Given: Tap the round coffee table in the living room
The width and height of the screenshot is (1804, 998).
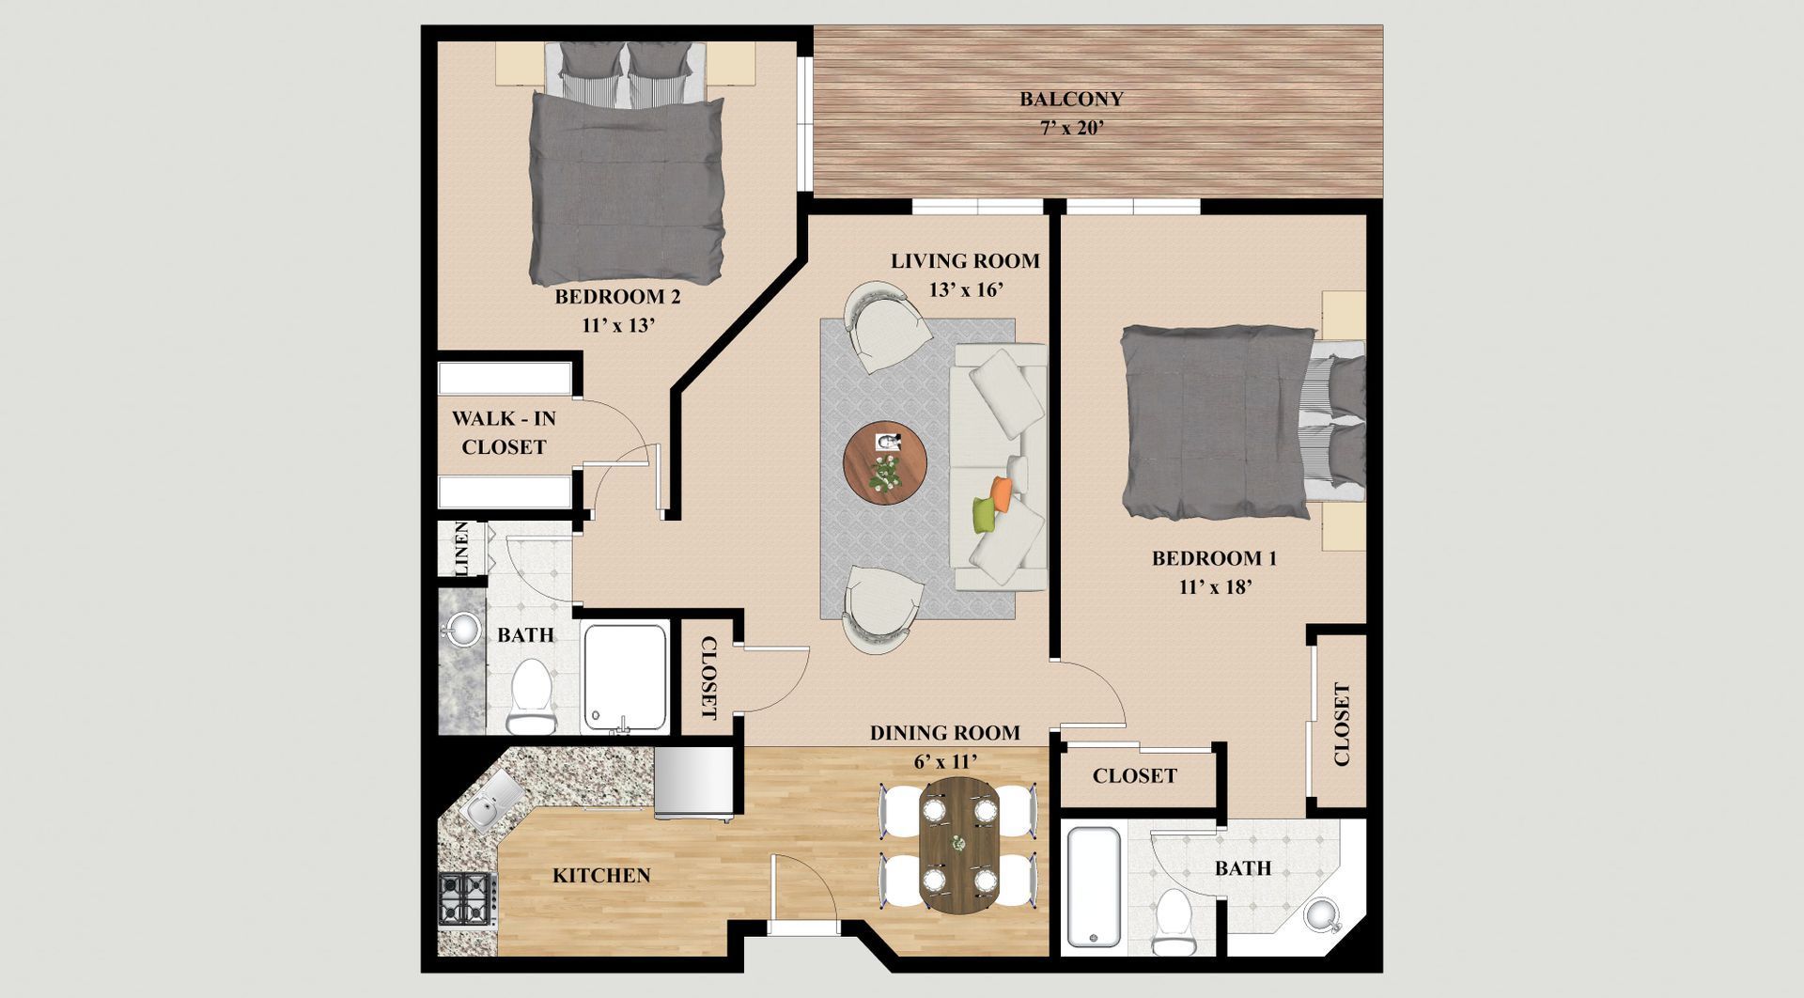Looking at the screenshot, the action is pyautogui.click(x=885, y=463).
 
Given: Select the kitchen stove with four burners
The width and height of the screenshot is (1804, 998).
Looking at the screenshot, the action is pyautogui.click(x=468, y=899).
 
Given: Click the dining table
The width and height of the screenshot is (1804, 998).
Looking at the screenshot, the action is pyautogui.click(x=959, y=845).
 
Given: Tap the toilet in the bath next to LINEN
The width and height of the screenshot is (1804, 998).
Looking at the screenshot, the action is pyautogui.click(x=532, y=696).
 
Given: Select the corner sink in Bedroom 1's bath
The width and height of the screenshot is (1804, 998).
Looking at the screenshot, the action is pyautogui.click(x=1323, y=914).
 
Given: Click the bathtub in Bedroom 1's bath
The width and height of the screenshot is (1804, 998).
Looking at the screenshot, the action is pyautogui.click(x=1095, y=889).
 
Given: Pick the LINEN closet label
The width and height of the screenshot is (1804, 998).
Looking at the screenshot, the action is pyautogui.click(x=460, y=549).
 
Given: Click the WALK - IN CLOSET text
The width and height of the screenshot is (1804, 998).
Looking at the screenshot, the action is pyautogui.click(x=504, y=432).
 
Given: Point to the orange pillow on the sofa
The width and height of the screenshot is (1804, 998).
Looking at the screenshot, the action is pyautogui.click(x=1002, y=494).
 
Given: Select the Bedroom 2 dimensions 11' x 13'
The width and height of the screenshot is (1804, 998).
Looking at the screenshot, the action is pyautogui.click(x=617, y=325).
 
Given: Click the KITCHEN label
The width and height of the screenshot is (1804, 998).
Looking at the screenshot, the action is pyautogui.click(x=601, y=876).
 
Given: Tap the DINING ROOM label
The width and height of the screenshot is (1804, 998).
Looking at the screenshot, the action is pyautogui.click(x=945, y=733).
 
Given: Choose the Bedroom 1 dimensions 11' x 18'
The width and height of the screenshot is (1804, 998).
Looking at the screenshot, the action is pyautogui.click(x=1215, y=587).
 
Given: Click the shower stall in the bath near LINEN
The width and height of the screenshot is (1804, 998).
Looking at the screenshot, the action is pyautogui.click(x=625, y=677).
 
